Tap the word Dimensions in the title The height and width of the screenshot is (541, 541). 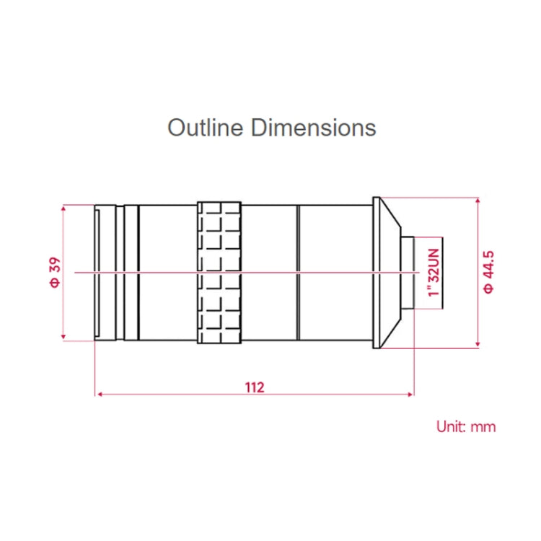click(314, 128)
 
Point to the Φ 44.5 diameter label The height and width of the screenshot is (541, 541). click(489, 272)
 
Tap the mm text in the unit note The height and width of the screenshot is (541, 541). click(483, 426)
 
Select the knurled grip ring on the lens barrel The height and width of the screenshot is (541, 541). click(219, 273)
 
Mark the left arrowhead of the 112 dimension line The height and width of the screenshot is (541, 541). click(99, 395)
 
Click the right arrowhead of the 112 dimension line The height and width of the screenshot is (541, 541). click(410, 395)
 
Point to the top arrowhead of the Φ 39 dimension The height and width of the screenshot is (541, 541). click(64, 208)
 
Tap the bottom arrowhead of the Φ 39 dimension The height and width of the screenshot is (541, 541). click(64, 337)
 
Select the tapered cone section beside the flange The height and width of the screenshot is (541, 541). click(390, 273)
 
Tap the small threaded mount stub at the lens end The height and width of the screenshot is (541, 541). click(408, 273)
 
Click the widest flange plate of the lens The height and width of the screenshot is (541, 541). click(376, 273)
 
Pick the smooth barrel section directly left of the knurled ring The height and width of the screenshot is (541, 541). click(167, 273)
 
